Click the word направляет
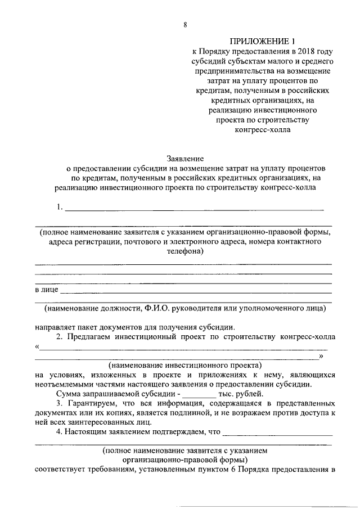click(57, 327)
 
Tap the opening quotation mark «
click(37, 347)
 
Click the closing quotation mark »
click(321, 356)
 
